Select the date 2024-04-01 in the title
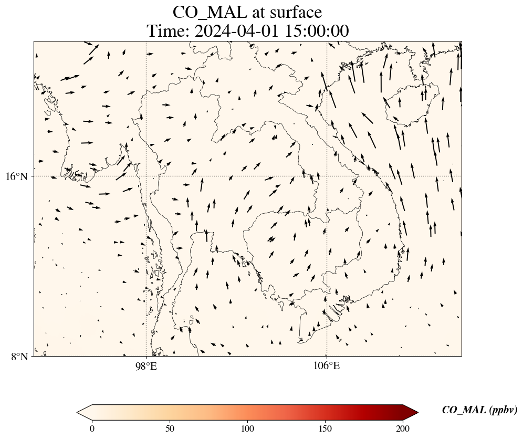point(237,32)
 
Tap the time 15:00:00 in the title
point(317,32)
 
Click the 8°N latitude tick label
point(20,357)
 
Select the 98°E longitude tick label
point(146,366)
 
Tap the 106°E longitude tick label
point(327,366)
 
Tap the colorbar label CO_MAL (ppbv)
point(479,410)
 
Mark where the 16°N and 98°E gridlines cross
point(146,176)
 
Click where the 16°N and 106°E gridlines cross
point(327,176)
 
